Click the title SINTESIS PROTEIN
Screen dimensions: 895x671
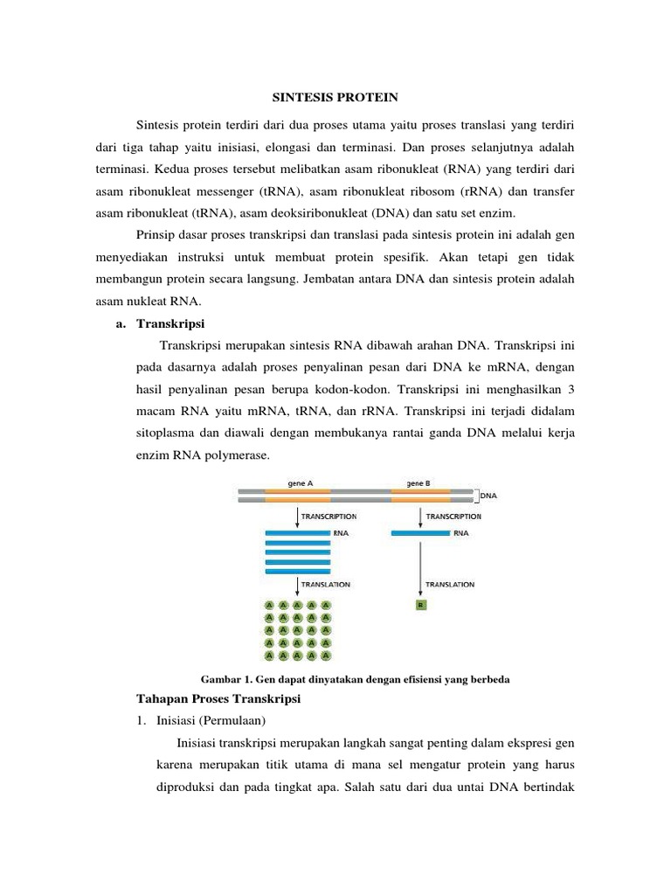tap(335, 96)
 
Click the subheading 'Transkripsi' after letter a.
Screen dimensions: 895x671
tap(171, 323)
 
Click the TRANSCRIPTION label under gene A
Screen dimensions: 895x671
tap(329, 517)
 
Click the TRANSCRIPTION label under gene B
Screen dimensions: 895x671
tap(453, 517)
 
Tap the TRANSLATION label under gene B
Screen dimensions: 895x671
tap(449, 584)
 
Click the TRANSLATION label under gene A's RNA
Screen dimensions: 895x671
tap(326, 584)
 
